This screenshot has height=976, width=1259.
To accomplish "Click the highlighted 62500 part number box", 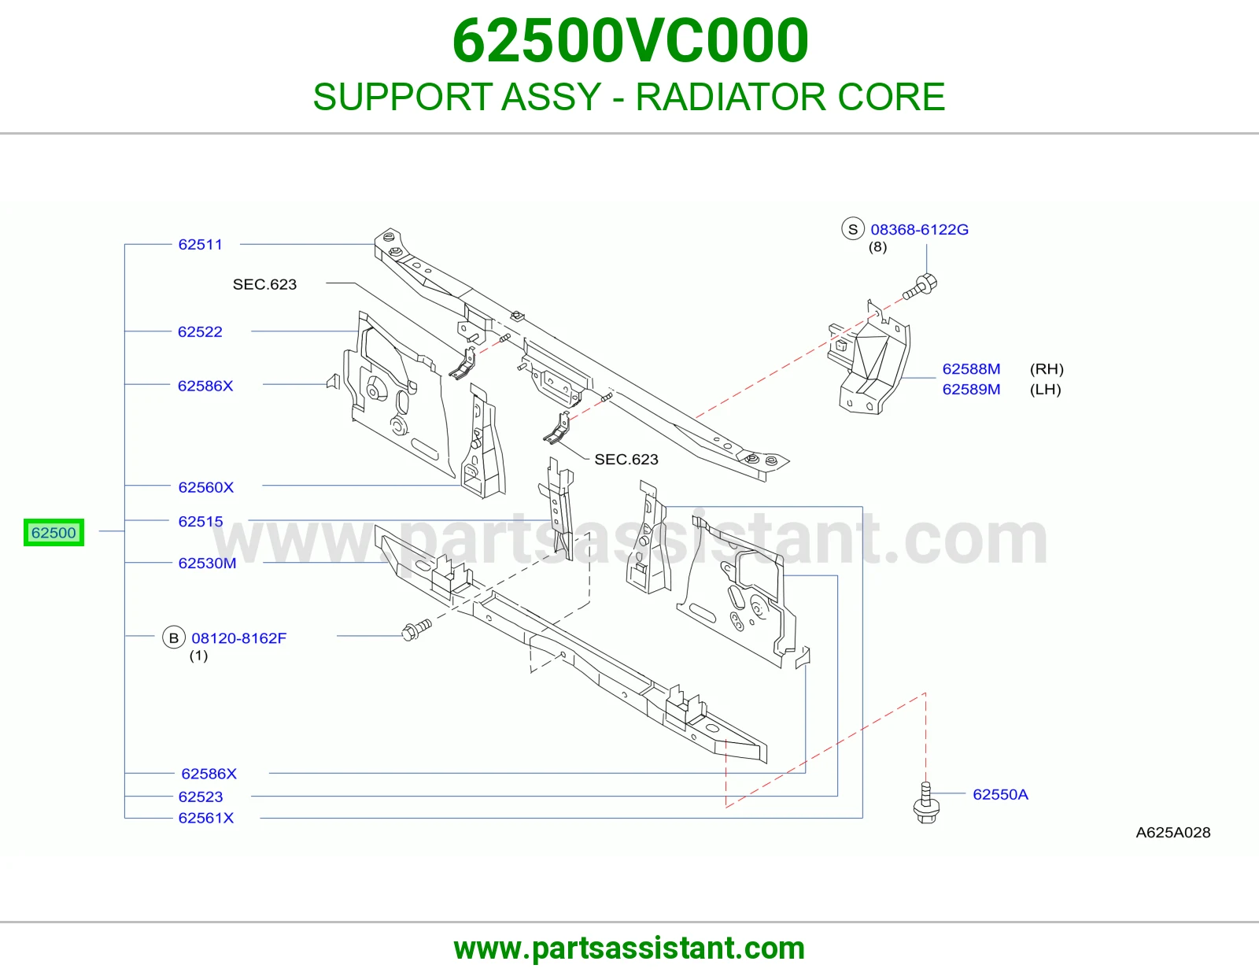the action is (54, 532).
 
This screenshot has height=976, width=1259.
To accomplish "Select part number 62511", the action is (201, 245).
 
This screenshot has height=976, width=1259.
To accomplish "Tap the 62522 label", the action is (200, 331).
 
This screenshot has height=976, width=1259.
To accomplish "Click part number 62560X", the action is (205, 487).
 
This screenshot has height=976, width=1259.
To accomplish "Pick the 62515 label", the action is (201, 521).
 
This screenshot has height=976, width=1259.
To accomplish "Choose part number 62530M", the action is (208, 563).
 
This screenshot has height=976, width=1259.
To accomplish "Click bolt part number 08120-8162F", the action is (238, 638).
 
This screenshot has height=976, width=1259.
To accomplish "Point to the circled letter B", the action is (173, 638).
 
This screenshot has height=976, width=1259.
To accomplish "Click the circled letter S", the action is (853, 229).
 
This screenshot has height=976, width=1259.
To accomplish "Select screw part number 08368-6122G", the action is (920, 230).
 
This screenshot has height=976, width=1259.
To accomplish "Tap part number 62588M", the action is (971, 368).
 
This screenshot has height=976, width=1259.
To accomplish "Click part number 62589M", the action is (971, 389).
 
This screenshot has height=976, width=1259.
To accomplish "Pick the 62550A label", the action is (1001, 794).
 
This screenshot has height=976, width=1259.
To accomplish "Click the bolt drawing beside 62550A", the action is (926, 804).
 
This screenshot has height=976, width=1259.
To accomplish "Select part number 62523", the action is (201, 797).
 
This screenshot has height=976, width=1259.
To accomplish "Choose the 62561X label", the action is (205, 818).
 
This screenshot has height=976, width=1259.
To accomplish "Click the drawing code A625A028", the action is (1172, 832).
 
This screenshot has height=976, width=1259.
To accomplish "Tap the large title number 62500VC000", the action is (630, 40).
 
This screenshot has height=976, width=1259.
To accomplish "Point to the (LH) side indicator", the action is (1045, 389).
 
